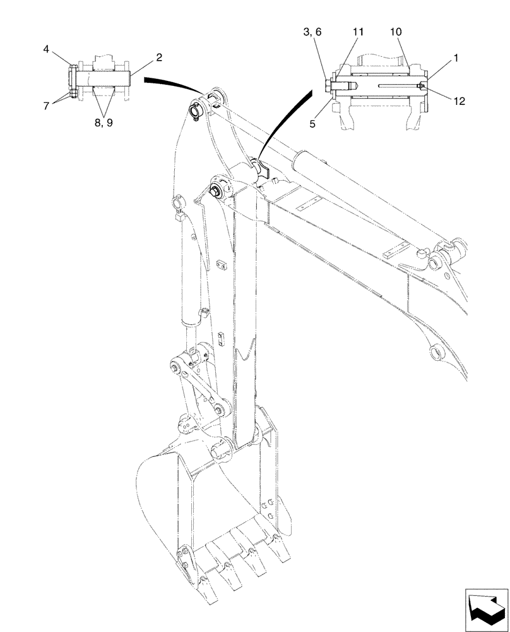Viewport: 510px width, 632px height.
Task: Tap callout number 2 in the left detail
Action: (159, 58)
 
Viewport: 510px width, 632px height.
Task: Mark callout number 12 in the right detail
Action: (458, 100)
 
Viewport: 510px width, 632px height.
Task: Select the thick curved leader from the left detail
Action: (170, 84)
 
